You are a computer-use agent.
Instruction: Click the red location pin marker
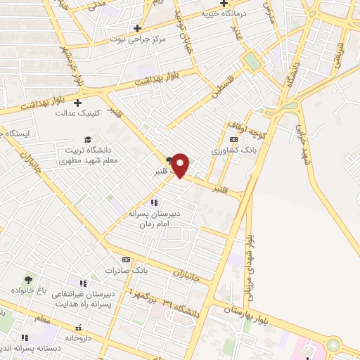(x=181, y=165)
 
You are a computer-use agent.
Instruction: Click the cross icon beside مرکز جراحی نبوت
(x=117, y=27)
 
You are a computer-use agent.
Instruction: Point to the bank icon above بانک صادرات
(x=127, y=259)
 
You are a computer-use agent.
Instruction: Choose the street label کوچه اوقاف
(x=243, y=129)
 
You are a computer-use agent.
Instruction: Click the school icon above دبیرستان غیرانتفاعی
(x=82, y=282)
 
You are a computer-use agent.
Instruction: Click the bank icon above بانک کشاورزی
(x=233, y=140)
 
